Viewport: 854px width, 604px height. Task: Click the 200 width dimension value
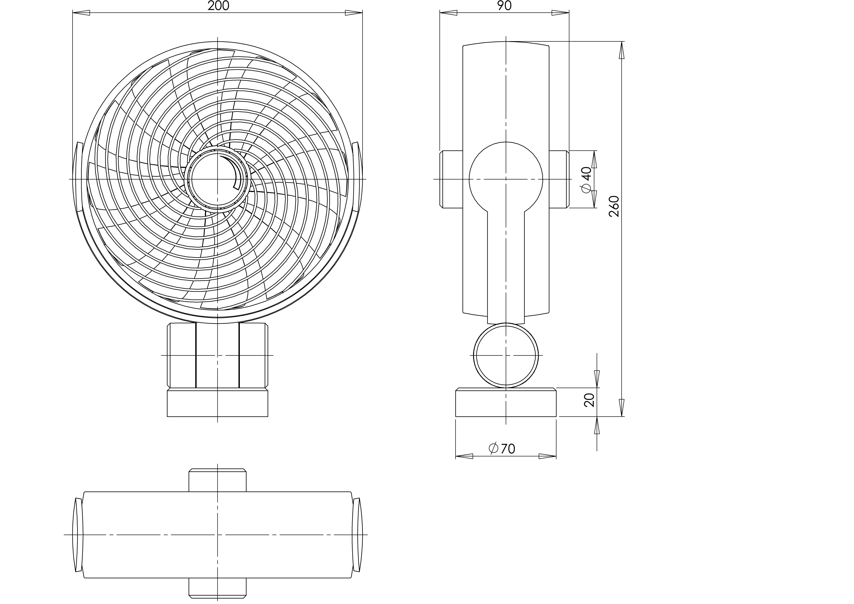(x=218, y=6)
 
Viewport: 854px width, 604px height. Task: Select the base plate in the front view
(x=218, y=402)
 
